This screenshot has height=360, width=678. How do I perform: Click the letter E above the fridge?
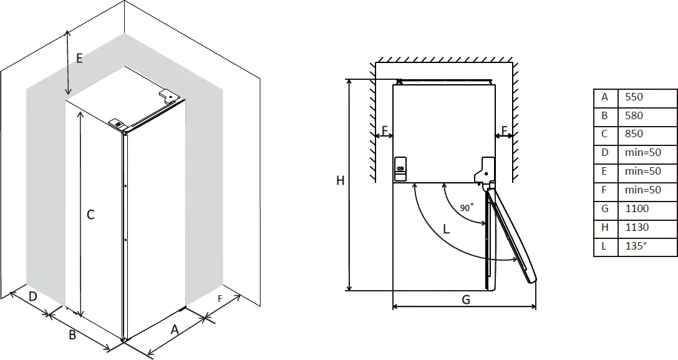(79, 58)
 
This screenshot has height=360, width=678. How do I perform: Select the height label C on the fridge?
(90, 215)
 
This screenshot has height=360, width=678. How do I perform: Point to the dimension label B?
(72, 335)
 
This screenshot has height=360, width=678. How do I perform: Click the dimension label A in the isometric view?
(175, 330)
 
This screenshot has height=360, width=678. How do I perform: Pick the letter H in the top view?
(340, 181)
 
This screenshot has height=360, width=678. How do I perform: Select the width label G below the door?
(465, 299)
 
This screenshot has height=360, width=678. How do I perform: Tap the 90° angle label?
(467, 208)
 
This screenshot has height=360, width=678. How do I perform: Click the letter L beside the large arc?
(446, 229)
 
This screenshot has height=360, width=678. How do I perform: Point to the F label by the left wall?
(385, 131)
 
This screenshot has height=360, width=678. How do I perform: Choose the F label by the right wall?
(504, 131)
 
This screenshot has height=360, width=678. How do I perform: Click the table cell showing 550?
(634, 97)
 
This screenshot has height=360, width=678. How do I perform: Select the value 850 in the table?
(634, 134)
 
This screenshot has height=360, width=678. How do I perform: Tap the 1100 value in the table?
(637, 209)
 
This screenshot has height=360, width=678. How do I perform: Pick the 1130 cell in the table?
(637, 228)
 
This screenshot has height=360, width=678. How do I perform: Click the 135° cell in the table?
(636, 246)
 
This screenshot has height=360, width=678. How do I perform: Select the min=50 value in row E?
(642, 171)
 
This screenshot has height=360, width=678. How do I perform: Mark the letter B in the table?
(604, 116)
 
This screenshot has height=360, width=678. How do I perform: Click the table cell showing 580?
(634, 116)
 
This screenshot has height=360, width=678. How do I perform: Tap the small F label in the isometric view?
(220, 299)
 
